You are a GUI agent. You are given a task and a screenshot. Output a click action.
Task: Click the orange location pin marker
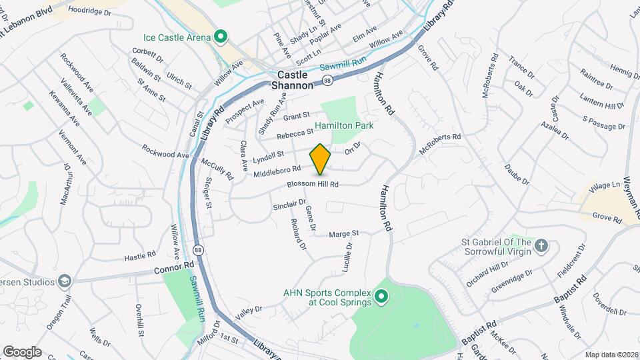coord(321,159)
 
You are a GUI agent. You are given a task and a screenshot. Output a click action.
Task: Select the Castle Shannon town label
coord(293,80)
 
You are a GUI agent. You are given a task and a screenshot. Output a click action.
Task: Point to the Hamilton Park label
coord(343,125)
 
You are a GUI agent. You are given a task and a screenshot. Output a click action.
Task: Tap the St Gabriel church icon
coord(541,246)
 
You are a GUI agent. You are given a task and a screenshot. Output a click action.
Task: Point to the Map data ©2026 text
coord(610,355)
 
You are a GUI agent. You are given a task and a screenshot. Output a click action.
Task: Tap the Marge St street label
coord(344,233)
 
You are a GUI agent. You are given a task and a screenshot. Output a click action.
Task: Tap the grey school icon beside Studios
coord(64,281)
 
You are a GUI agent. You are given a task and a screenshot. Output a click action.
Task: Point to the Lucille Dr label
coord(348,257)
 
